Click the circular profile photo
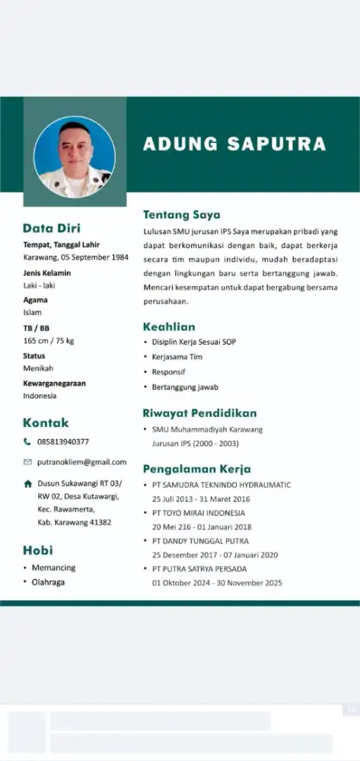[75, 157]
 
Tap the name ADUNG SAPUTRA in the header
[234, 144]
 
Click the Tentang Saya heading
[181, 215]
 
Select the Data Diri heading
[51, 228]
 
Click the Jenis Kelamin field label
[46, 272]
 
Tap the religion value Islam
[32, 312]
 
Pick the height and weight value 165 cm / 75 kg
[48, 341]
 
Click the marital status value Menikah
[38, 368]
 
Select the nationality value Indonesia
[40, 396]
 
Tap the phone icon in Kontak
[27, 441]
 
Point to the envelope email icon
[27, 462]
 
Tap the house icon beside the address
[27, 483]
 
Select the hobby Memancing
[53, 568]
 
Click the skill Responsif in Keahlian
[169, 372]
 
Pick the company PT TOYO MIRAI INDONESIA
[198, 513]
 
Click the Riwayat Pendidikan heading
[199, 413]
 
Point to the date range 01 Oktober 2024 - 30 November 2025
[217, 583]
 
